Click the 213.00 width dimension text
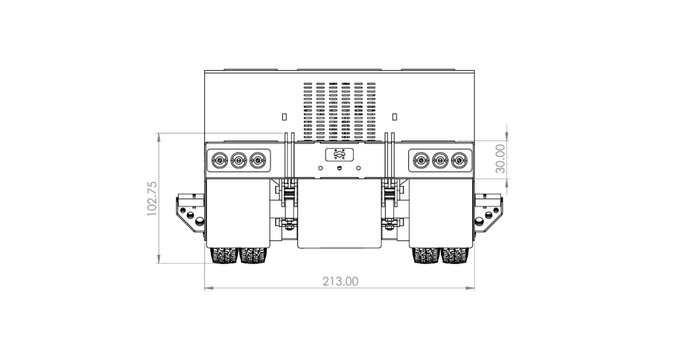[340, 281]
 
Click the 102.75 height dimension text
[152, 199]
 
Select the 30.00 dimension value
[500, 158]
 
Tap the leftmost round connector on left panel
[220, 160]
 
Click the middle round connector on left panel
[239, 160]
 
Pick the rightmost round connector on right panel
[460, 160]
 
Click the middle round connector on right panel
[440, 160]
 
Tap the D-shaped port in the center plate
[339, 154]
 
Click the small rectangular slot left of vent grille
[284, 117]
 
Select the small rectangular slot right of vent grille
[394, 117]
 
